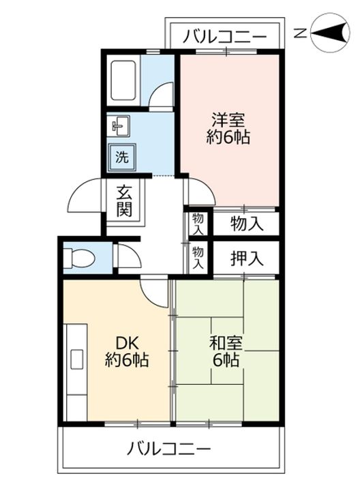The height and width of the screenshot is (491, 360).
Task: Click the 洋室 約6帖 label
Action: pyautogui.click(x=228, y=128)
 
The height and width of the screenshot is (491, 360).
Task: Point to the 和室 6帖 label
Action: pyautogui.click(x=225, y=351)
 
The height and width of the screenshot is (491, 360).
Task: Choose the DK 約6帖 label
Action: pyautogui.click(x=127, y=351)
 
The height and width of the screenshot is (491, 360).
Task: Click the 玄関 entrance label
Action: pyautogui.click(x=123, y=202)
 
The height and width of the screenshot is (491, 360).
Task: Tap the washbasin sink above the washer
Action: pyautogui.click(x=121, y=125)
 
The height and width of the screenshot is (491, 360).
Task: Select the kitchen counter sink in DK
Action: pyautogui.click(x=77, y=359)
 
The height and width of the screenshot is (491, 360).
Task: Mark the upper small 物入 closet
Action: pyautogui.click(x=198, y=223)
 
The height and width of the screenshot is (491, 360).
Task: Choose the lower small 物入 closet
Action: pyautogui.click(x=198, y=257)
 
